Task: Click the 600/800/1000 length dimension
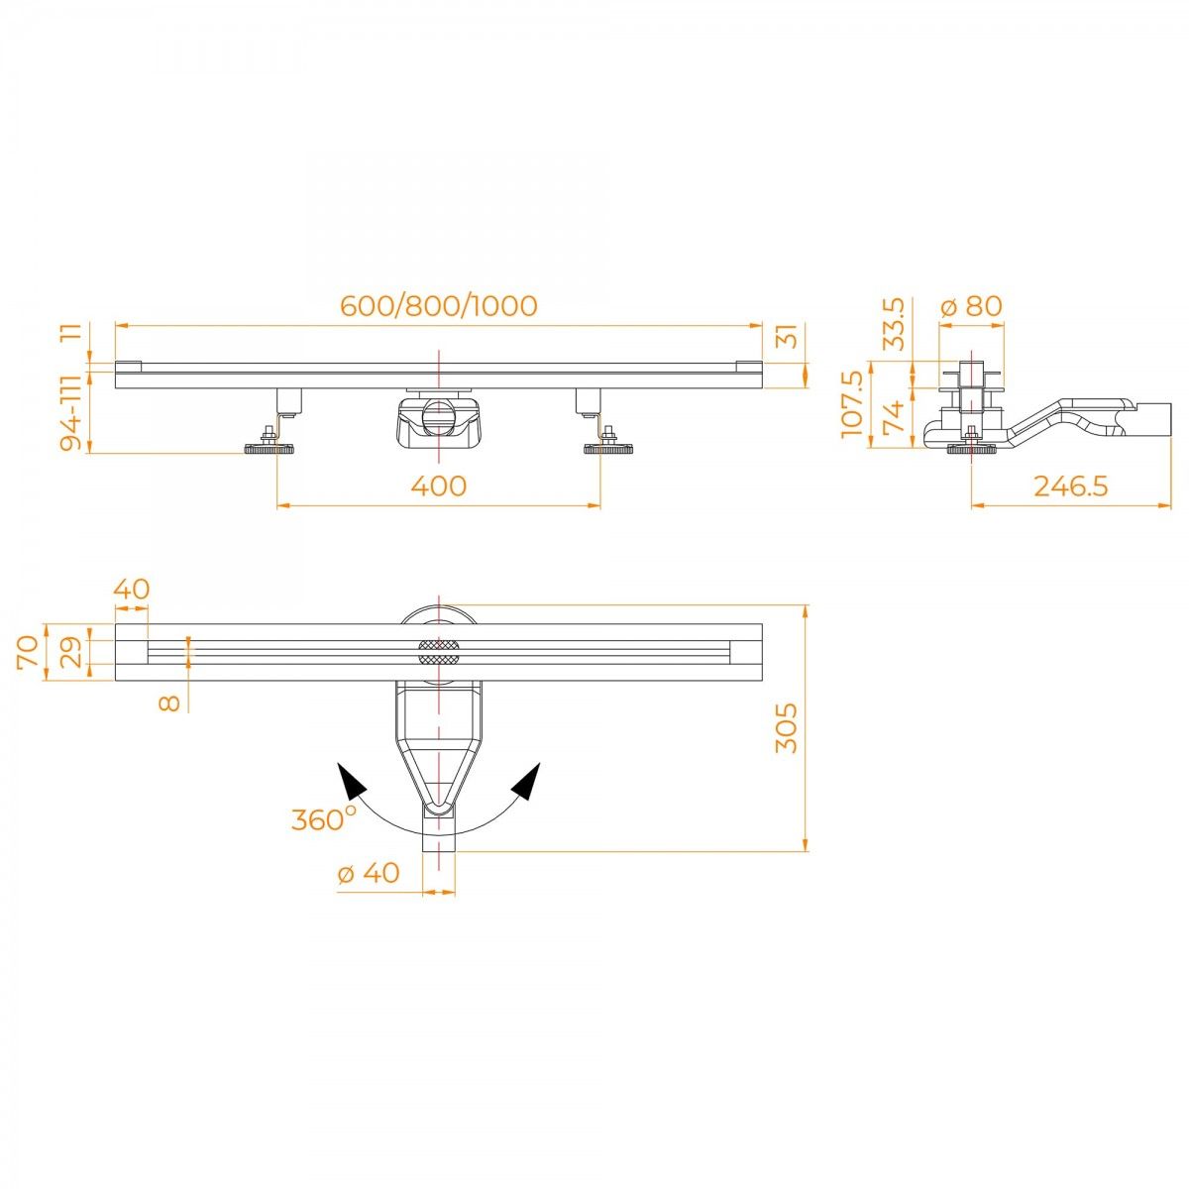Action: pos(439,306)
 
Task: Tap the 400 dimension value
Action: pos(439,486)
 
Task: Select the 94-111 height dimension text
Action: pos(71,413)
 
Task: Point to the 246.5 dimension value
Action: pos(1070,486)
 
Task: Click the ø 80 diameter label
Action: pos(971,306)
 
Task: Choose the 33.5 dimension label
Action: pos(894,324)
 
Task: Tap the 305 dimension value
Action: pos(786,728)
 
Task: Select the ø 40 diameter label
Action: pos(369,873)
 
